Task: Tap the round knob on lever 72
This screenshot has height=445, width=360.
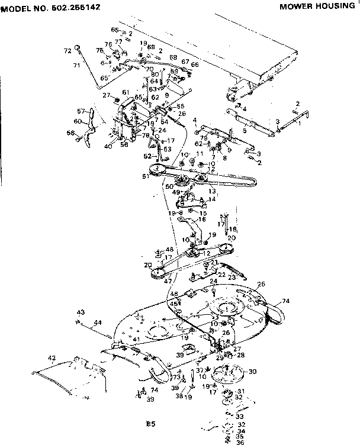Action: (78, 47)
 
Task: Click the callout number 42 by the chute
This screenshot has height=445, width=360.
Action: (52, 358)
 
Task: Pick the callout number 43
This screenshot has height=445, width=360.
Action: (81, 312)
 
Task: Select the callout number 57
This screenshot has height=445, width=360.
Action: (81, 111)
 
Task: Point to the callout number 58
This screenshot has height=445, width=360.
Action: (70, 133)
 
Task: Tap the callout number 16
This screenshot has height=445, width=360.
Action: (202, 219)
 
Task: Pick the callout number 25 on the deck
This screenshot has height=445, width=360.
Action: (261, 284)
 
